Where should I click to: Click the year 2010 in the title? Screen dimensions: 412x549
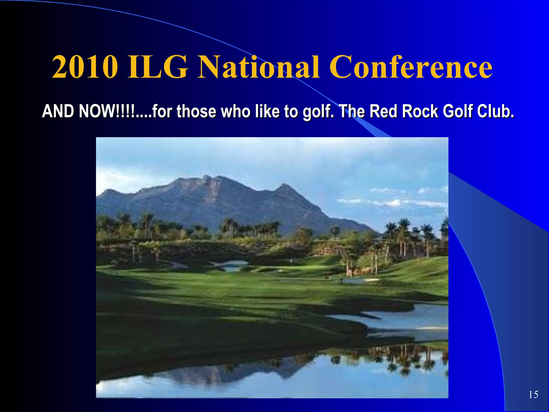pos(85,67)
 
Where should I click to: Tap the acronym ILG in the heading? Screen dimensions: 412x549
pos(158,67)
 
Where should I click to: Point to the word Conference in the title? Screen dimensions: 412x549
pos(410,67)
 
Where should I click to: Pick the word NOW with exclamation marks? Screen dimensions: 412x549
pos(107,111)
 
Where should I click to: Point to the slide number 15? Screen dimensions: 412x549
pos(533,395)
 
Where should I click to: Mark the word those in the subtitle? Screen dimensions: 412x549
pos(196,111)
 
